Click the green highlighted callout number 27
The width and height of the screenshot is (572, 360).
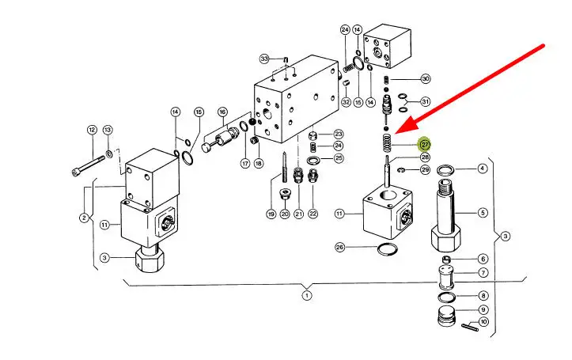(425, 145)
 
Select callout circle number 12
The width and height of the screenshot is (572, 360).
(92, 130)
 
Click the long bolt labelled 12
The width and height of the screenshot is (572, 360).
(88, 166)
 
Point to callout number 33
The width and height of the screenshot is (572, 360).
(264, 59)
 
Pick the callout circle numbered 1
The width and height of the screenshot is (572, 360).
(307, 295)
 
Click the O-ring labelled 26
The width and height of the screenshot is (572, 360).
(387, 250)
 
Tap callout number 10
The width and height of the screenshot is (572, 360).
(483, 322)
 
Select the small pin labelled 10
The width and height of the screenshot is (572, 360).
(469, 328)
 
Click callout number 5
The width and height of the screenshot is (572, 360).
(483, 212)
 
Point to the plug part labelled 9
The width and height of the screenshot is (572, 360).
(446, 316)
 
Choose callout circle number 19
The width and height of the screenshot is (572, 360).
(271, 214)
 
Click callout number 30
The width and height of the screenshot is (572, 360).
(426, 79)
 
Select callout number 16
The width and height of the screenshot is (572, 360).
(222, 112)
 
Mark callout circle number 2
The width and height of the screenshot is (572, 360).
(85, 218)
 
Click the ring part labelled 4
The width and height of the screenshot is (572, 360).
(445, 169)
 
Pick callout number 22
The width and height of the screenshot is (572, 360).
(313, 214)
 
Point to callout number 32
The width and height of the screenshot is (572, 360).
(347, 102)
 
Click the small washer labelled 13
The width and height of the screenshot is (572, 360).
(109, 153)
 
